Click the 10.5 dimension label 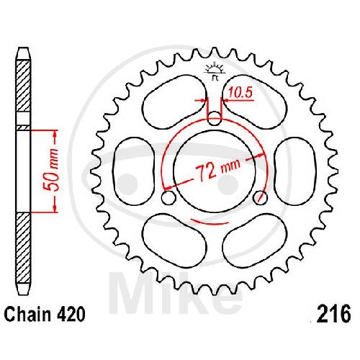[240, 92]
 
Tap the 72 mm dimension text [217, 169]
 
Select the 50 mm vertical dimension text [52, 170]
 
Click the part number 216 [333, 313]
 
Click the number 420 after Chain [71, 314]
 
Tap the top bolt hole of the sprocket [214, 118]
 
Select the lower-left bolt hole [168, 197]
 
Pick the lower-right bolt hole [260, 197]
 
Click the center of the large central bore [215, 171]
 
